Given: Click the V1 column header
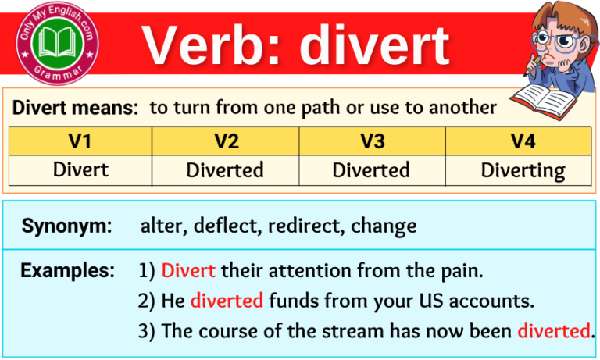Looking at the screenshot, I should point(80,141).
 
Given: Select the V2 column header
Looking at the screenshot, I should point(225,141).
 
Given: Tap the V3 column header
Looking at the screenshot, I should point(371,141).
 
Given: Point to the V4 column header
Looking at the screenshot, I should point(517,141).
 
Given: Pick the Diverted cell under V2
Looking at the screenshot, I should point(225,169).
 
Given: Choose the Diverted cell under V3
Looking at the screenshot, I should point(371,169).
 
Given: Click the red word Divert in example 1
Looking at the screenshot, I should point(188,271).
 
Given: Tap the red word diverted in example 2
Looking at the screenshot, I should point(227,301).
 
